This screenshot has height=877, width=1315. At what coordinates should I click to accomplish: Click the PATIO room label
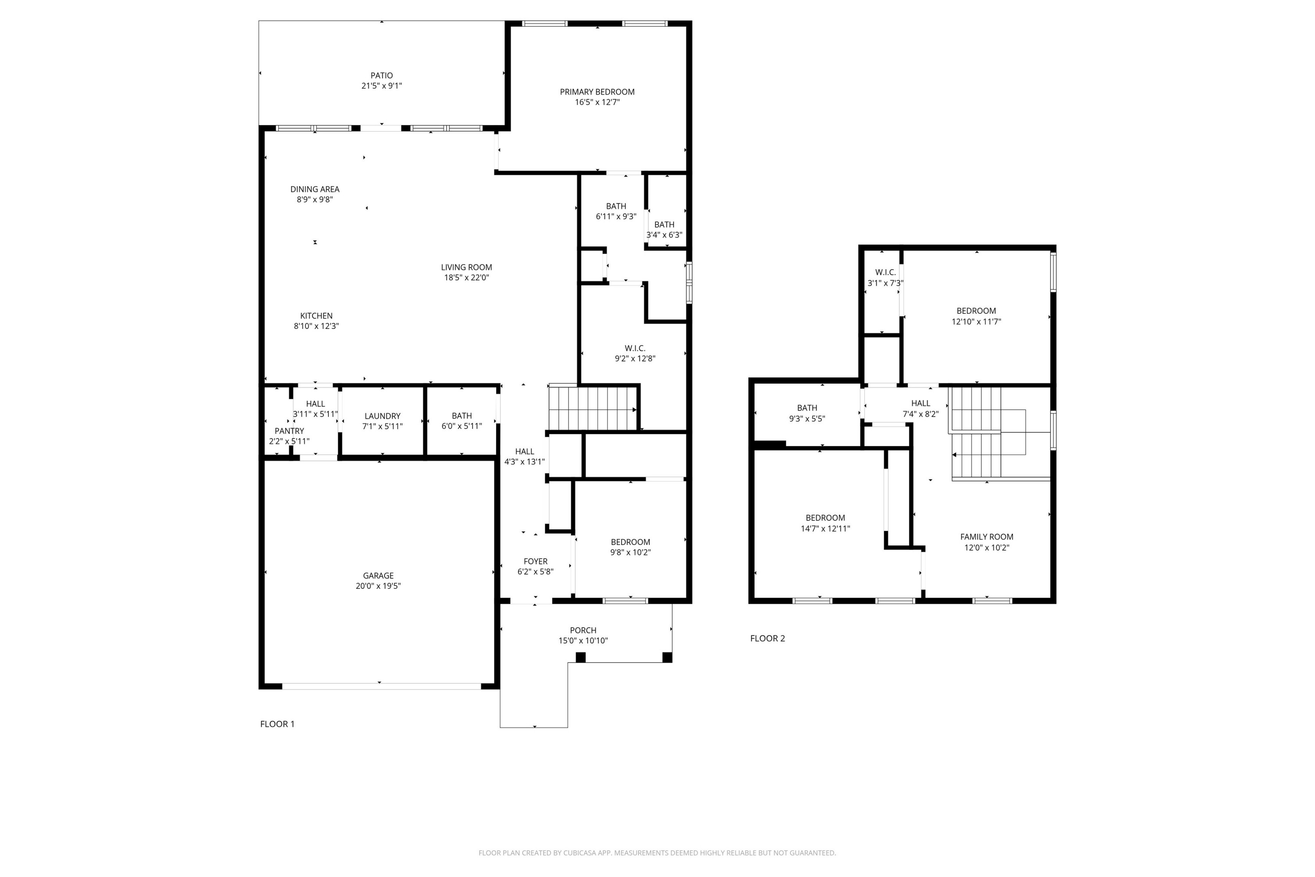[381, 75]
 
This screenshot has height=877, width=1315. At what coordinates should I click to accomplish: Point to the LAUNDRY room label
[382, 416]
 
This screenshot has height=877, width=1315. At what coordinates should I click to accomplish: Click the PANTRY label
[289, 431]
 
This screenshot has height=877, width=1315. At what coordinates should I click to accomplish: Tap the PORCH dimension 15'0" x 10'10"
[583, 641]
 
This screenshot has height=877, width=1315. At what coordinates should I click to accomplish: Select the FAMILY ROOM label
[986, 537]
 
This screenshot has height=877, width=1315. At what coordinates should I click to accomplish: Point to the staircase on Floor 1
[593, 409]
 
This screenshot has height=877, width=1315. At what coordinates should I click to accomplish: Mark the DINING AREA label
[314, 189]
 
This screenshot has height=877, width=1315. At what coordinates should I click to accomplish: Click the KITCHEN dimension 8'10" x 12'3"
[316, 327]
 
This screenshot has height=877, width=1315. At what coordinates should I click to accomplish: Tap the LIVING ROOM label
[466, 267]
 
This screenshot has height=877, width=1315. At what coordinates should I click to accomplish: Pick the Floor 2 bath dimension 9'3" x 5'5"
[807, 419]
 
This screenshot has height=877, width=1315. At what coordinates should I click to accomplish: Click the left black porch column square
[580, 657]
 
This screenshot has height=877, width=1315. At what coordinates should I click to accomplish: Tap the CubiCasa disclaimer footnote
[657, 853]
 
